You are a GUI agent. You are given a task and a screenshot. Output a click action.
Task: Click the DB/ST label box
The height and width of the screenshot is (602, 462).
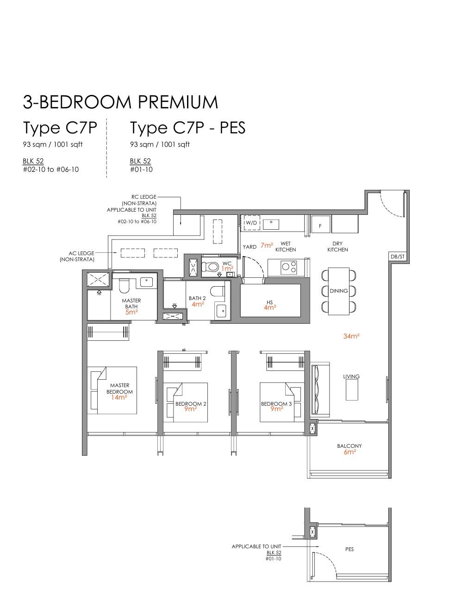398,257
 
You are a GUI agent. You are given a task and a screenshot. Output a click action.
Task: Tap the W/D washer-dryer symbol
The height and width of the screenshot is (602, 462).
252,223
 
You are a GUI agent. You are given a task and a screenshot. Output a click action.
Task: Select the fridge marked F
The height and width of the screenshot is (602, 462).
320,224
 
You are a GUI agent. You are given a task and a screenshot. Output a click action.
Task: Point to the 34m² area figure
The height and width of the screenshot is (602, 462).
351,336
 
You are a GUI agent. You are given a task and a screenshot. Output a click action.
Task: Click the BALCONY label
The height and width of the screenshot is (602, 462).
349,446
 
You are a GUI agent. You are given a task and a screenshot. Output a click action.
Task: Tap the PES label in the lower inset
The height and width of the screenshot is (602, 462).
350,549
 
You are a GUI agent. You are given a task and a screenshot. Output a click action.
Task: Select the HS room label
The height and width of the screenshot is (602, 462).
269,302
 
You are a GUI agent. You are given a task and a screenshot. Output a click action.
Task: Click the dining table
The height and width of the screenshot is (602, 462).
339,291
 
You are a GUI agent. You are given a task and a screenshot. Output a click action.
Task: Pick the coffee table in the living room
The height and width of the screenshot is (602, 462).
352,389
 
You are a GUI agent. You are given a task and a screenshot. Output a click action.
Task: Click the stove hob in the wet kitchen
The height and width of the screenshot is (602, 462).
289,267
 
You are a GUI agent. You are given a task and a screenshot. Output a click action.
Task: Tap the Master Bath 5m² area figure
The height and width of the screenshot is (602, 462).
131,312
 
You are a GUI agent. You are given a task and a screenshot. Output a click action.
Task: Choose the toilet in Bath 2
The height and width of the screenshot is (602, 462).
218,291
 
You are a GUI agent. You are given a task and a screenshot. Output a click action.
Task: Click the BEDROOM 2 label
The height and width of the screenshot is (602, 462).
191,404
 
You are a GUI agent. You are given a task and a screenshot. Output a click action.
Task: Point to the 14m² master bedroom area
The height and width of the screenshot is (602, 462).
119,397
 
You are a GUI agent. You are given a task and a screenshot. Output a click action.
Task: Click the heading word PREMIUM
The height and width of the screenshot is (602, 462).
178,102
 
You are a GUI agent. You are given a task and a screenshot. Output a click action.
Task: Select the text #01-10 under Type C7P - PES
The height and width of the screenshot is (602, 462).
141,169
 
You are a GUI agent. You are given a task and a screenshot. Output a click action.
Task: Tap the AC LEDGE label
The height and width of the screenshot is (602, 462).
81,253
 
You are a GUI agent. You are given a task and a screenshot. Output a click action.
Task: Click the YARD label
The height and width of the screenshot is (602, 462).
250,246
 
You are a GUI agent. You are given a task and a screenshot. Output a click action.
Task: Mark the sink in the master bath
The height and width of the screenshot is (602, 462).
146,282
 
